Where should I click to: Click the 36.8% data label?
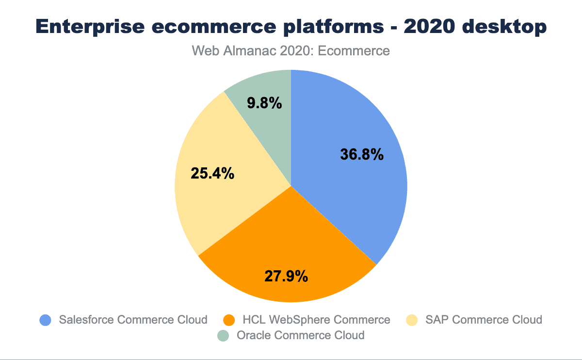point(362,155)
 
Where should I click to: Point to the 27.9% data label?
point(286,276)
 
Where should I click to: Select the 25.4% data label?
point(212,173)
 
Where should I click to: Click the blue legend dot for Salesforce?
point(45,320)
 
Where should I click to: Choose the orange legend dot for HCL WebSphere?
point(229,320)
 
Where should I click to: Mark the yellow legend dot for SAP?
point(412,320)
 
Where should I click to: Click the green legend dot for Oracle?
point(223,335)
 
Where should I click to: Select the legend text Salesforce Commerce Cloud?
point(133,320)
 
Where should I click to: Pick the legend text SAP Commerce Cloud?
point(484,320)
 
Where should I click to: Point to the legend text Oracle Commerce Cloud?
point(300,335)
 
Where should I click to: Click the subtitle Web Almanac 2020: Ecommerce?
point(291,50)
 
